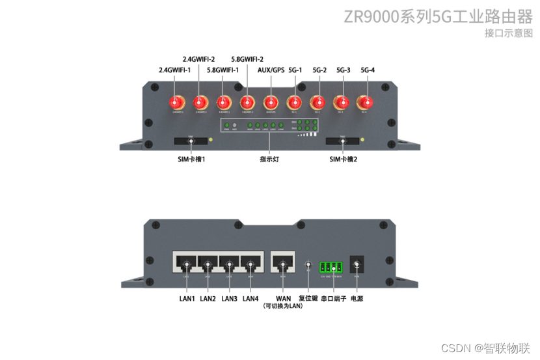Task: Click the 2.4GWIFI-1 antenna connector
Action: tap(176, 103)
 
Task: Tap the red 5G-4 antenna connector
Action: tap(366, 103)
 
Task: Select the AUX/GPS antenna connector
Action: tap(271, 103)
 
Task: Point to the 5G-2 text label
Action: tap(319, 70)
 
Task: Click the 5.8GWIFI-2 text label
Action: tap(247, 59)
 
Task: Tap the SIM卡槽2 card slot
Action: tap(342, 141)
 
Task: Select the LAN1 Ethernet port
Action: tap(187, 262)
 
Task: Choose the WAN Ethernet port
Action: tap(282, 262)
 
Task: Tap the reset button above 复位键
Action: tap(308, 265)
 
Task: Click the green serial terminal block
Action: tap(331, 266)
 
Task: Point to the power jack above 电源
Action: tap(357, 264)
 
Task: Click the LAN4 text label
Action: tap(250, 299)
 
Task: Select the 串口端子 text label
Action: tap(333, 299)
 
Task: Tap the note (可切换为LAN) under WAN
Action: tap(283, 306)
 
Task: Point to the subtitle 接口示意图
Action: tap(508, 33)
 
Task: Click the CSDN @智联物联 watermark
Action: tap(485, 348)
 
